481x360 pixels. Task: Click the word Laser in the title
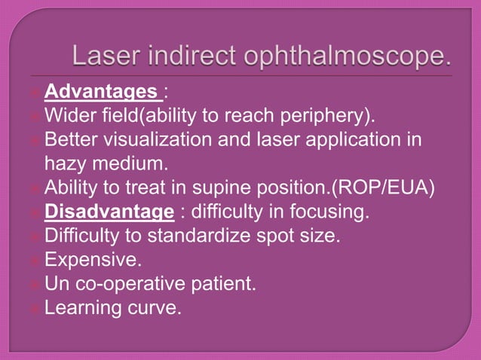pos(106,57)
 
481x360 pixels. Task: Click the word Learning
pos(83,308)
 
